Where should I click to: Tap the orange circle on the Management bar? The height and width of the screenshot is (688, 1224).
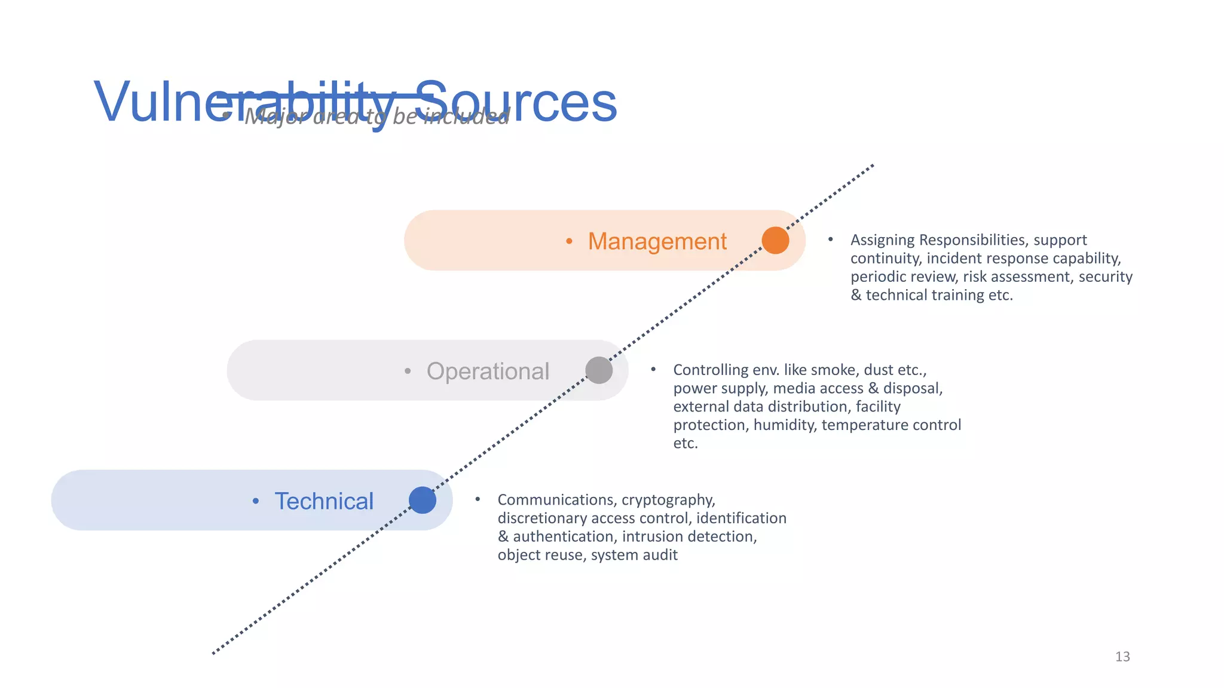tap(775, 240)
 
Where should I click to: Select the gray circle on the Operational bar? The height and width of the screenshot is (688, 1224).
tap(599, 370)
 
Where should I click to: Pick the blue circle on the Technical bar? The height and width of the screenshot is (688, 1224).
tap(423, 500)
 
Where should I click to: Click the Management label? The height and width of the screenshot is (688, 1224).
tap(657, 241)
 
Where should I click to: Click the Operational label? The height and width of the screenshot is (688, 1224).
tap(488, 371)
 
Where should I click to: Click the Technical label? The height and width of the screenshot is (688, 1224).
tap(324, 502)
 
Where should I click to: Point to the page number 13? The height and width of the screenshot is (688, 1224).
tap(1122, 657)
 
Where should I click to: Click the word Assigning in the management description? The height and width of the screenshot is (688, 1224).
tap(882, 240)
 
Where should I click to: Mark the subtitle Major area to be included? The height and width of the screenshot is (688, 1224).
tap(377, 116)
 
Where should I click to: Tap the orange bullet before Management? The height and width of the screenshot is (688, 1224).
tap(569, 241)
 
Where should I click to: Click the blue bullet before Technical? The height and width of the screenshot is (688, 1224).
tap(256, 501)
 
